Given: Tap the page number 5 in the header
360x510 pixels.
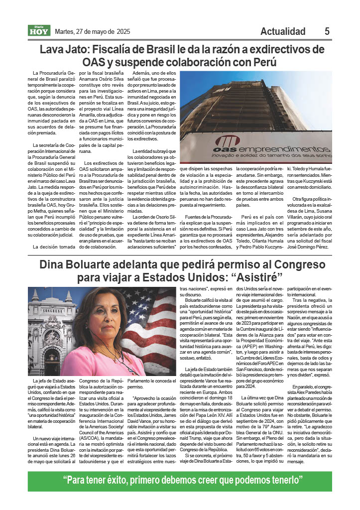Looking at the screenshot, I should tap(327, 31).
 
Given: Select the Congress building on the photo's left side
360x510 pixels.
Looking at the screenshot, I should tap(50, 334).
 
